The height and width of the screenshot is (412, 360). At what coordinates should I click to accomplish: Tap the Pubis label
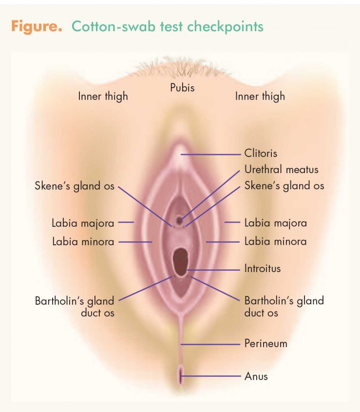coord(182,87)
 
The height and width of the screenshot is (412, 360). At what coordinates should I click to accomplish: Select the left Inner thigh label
coord(103,96)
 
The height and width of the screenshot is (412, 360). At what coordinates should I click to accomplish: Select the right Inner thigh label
coord(260,96)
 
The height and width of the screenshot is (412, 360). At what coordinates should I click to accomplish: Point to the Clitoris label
coord(261,153)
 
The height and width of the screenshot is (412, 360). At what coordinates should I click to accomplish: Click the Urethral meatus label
coord(281,170)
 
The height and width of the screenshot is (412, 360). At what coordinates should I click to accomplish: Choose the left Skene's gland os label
coord(75,186)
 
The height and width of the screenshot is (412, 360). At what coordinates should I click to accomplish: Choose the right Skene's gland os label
coord(284,186)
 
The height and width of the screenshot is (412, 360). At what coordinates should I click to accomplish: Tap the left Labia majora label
coord(83,223)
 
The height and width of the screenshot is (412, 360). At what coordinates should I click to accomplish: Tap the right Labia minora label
coord(275,241)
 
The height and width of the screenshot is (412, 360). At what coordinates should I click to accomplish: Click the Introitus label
coord(263,268)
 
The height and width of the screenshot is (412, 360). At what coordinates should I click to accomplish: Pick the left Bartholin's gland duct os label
coord(75,307)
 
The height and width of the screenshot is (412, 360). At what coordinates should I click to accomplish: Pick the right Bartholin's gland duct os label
coord(284,307)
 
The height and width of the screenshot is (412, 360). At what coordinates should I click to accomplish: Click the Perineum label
coord(265,343)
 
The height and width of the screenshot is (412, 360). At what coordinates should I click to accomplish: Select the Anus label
coord(256,376)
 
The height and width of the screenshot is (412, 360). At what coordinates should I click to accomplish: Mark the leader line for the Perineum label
coord(210,344)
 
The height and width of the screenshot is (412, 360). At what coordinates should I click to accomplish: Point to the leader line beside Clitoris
coord(210,155)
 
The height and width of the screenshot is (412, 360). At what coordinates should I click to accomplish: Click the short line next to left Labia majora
coord(126,222)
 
